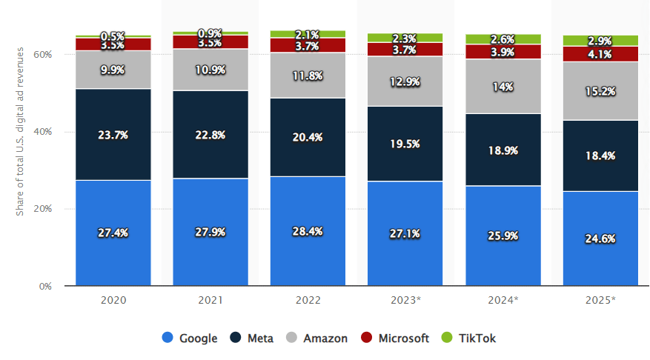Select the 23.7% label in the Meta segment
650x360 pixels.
click(113, 135)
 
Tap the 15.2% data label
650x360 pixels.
click(600, 90)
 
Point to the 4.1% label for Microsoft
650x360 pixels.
click(600, 53)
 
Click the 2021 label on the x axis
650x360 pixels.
click(210, 300)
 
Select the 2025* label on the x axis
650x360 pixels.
click(600, 300)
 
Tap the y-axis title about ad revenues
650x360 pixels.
click(20, 131)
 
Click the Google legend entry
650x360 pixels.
click(190, 339)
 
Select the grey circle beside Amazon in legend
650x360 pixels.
click(291, 339)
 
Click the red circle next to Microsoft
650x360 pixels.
click(368, 339)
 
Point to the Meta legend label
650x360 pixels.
click(261, 339)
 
